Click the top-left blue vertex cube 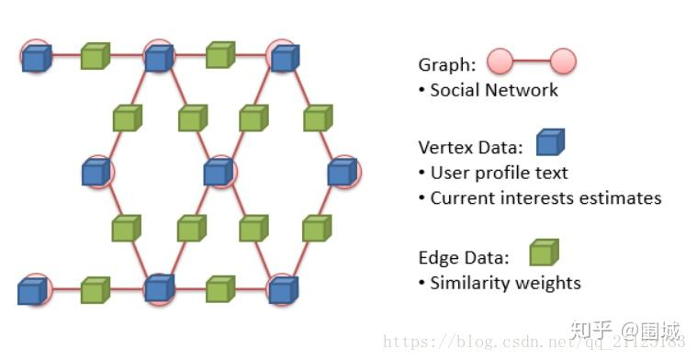click(36, 58)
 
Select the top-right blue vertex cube click(283, 58)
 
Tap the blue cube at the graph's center click(218, 171)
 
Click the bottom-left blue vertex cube click(32, 292)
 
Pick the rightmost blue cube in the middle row click(341, 171)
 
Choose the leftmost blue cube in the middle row click(95, 172)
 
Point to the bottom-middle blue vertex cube click(159, 289)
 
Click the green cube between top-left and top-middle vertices click(95, 57)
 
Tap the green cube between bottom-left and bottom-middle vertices click(95, 290)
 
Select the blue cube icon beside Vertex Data click(550, 143)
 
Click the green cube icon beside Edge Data click(544, 253)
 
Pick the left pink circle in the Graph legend click(500, 62)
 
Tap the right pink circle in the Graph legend click(563, 62)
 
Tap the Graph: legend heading click(447, 64)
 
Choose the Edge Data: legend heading click(464, 258)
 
